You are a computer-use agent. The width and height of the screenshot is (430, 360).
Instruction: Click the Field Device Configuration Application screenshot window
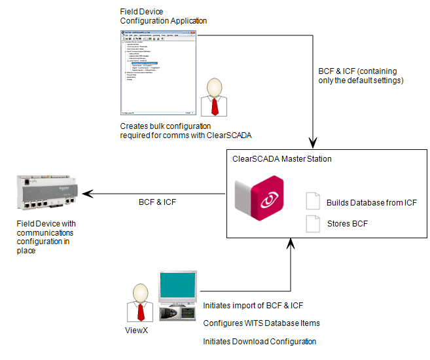pos(158,72)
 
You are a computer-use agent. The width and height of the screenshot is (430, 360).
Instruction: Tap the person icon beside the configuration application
pos(216,99)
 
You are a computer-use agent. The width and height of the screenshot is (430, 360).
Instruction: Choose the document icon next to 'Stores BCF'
pos(314,224)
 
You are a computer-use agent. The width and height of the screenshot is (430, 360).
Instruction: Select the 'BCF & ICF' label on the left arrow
pos(157,202)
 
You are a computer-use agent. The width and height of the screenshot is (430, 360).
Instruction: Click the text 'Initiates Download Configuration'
pos(260,342)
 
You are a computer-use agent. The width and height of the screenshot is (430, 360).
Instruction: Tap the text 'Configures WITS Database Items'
pos(261,323)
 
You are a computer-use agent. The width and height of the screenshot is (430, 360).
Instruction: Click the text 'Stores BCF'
pos(347,224)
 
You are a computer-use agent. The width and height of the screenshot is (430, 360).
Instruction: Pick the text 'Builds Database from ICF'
pos(371,202)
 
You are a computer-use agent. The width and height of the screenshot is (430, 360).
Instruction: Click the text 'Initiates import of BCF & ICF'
pos(253,306)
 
